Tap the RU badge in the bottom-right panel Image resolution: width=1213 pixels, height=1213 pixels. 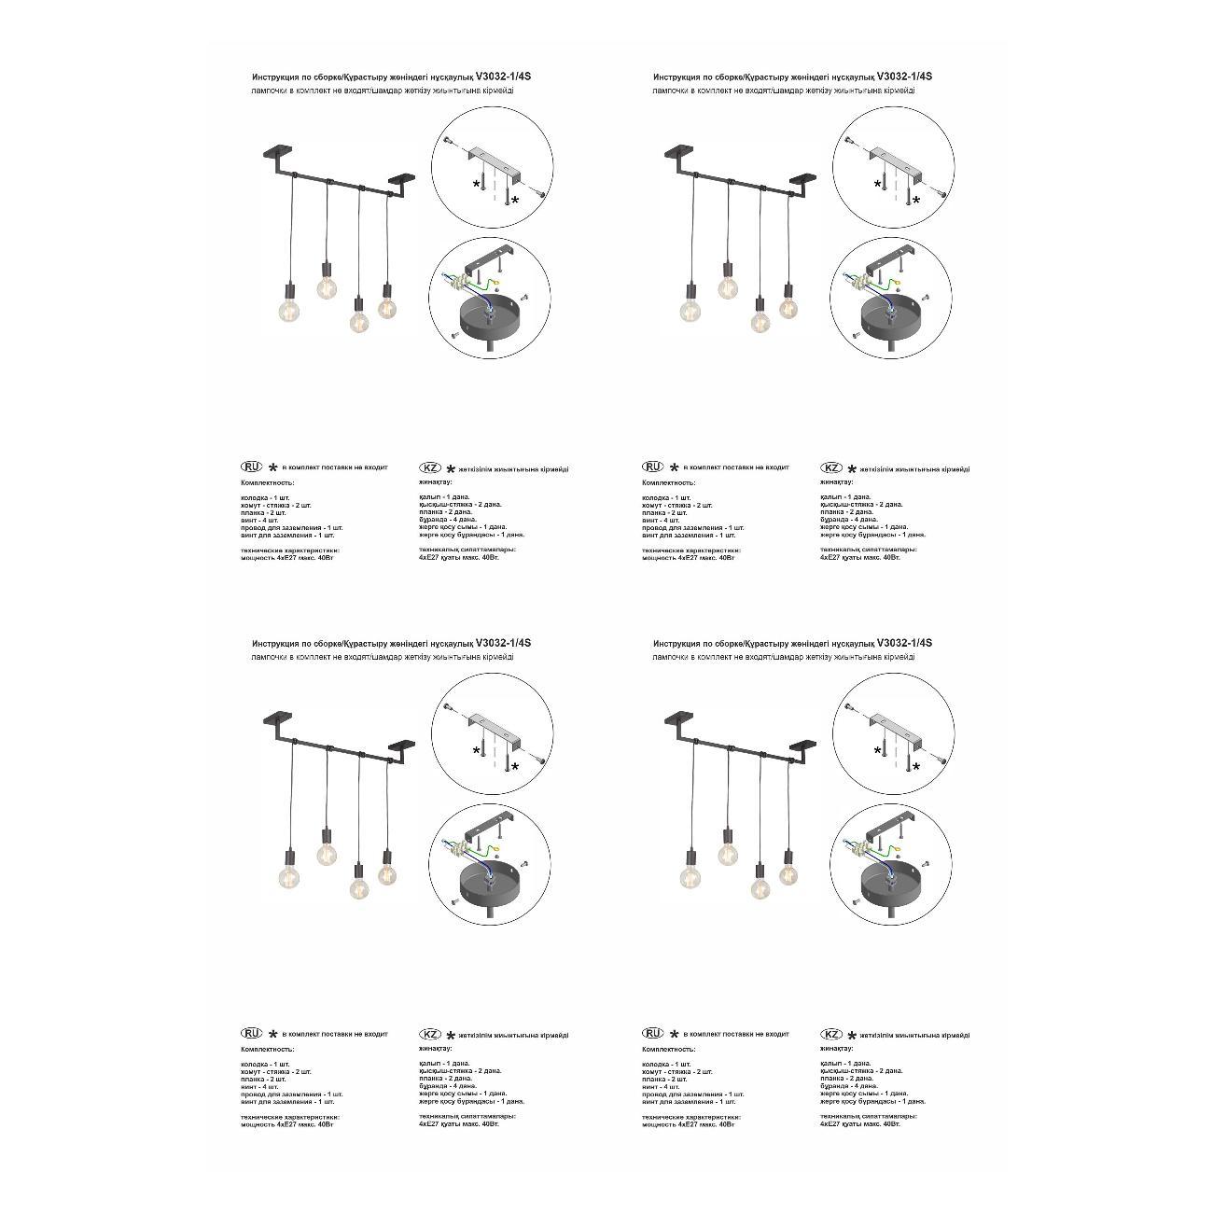pyautogui.click(x=653, y=1033)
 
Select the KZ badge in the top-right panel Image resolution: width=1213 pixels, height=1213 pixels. pyautogui.click(x=831, y=467)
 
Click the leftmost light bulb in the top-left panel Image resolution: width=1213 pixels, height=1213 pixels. pyautogui.click(x=289, y=311)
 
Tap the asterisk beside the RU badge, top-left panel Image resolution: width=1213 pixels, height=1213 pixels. pyautogui.click(x=272, y=467)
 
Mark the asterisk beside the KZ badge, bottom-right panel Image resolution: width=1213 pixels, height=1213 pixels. pyautogui.click(x=852, y=1036)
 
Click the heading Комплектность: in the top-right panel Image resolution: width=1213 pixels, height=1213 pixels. pyautogui.click(x=668, y=483)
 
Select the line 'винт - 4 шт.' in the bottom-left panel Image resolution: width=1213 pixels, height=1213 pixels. pyautogui.click(x=260, y=1086)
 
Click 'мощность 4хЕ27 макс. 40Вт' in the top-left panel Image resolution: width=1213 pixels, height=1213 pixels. pyautogui.click(x=287, y=558)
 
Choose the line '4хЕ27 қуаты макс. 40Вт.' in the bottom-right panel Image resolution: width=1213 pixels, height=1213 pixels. pyautogui.click(x=860, y=1124)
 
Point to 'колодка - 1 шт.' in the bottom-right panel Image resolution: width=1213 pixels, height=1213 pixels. pyautogui.click(x=666, y=1064)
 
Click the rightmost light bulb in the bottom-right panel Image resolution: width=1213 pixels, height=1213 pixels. pyautogui.click(x=788, y=873)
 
